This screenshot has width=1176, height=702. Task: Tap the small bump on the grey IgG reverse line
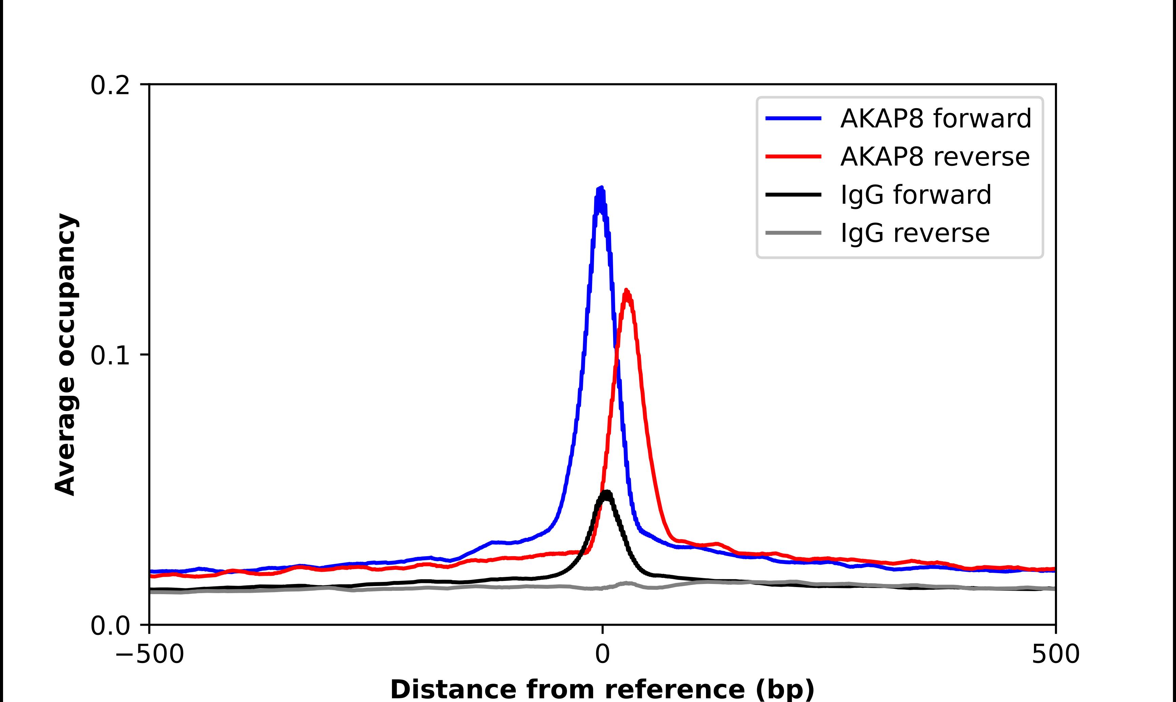[627, 584]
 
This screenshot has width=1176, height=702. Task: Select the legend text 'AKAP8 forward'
[935, 118]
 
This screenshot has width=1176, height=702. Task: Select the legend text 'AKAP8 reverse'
[934, 157]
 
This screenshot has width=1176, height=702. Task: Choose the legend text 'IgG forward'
[916, 195]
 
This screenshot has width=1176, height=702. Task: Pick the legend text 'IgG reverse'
[915, 233]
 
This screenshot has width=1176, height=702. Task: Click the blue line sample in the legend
[793, 118]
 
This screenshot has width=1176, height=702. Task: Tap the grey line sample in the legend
[793, 233]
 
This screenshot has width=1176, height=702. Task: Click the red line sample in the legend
[793, 157]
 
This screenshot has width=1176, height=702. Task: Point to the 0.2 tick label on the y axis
[110, 85]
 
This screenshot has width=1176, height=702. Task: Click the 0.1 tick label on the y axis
[110, 356]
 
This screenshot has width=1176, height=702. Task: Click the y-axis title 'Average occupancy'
[65, 355]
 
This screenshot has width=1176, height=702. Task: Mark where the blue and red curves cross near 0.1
[616, 352]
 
